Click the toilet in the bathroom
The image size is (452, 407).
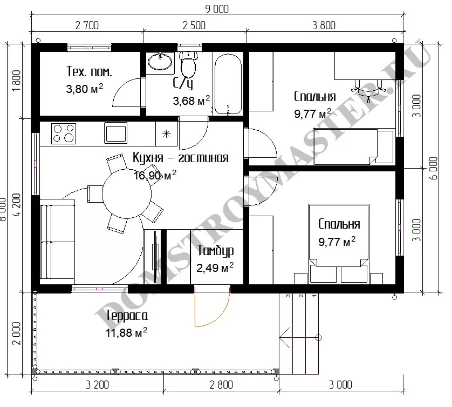coord(188,64)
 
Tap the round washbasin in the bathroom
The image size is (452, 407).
coord(160,61)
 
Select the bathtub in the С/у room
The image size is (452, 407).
coord(228,83)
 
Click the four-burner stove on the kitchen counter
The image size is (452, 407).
coord(64,134)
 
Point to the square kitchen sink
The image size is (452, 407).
coord(115,133)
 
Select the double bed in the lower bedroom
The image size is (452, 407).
coord(339,243)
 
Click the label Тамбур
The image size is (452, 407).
coord(215,251)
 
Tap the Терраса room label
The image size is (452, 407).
coord(127,316)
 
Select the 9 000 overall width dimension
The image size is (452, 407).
coord(217,9)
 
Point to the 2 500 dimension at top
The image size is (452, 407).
coord(194,25)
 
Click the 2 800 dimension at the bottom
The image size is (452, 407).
coord(221,385)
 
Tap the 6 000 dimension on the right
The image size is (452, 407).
coord(433,168)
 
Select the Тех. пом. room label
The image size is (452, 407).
coord(89,71)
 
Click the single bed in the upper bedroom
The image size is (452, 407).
coord(354,146)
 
